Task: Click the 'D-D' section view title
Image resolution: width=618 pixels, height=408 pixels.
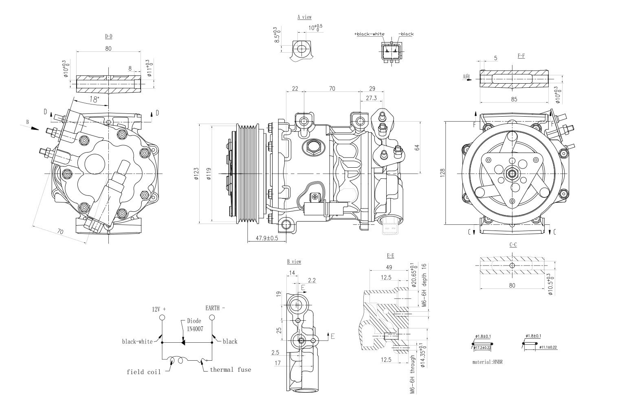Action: pos(108,36)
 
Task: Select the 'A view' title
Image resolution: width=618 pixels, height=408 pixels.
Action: pos(304,17)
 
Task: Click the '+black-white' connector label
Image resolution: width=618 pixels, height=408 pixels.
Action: pos(369,34)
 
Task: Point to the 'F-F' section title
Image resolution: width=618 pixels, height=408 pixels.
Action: pos(521,56)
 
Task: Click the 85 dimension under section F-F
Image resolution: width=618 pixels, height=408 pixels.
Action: pos(514,99)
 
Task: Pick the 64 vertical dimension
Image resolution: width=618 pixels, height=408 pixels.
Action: pos(417,148)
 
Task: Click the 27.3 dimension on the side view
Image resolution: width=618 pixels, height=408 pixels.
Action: pos(371,98)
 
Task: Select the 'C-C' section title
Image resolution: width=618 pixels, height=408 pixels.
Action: pos(513,245)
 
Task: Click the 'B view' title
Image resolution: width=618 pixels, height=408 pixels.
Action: pos(294,262)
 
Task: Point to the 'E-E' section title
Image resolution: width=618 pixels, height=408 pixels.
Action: pos(390,256)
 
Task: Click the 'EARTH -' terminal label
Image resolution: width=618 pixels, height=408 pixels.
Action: pos(215,308)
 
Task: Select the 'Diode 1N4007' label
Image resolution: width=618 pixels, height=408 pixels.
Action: pos(194,324)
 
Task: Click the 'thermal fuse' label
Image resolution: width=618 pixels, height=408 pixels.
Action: pos(230,370)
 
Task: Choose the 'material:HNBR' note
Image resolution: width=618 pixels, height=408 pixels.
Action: pos(487,362)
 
